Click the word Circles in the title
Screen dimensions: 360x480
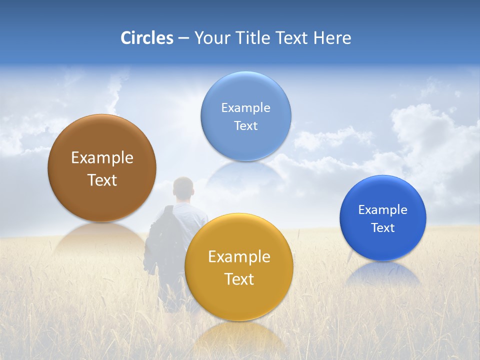(x=146, y=38)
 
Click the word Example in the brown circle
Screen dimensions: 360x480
(x=102, y=158)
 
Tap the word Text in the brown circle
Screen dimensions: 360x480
(x=102, y=180)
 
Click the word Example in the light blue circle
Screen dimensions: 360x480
(x=246, y=108)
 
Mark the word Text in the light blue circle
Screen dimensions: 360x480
(x=246, y=126)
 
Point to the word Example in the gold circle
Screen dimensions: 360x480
(x=239, y=257)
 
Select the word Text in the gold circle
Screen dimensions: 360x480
(x=239, y=279)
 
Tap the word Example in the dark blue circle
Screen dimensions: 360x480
(x=383, y=210)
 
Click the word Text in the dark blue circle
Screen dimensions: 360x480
(x=383, y=228)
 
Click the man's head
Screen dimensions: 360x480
(x=183, y=188)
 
